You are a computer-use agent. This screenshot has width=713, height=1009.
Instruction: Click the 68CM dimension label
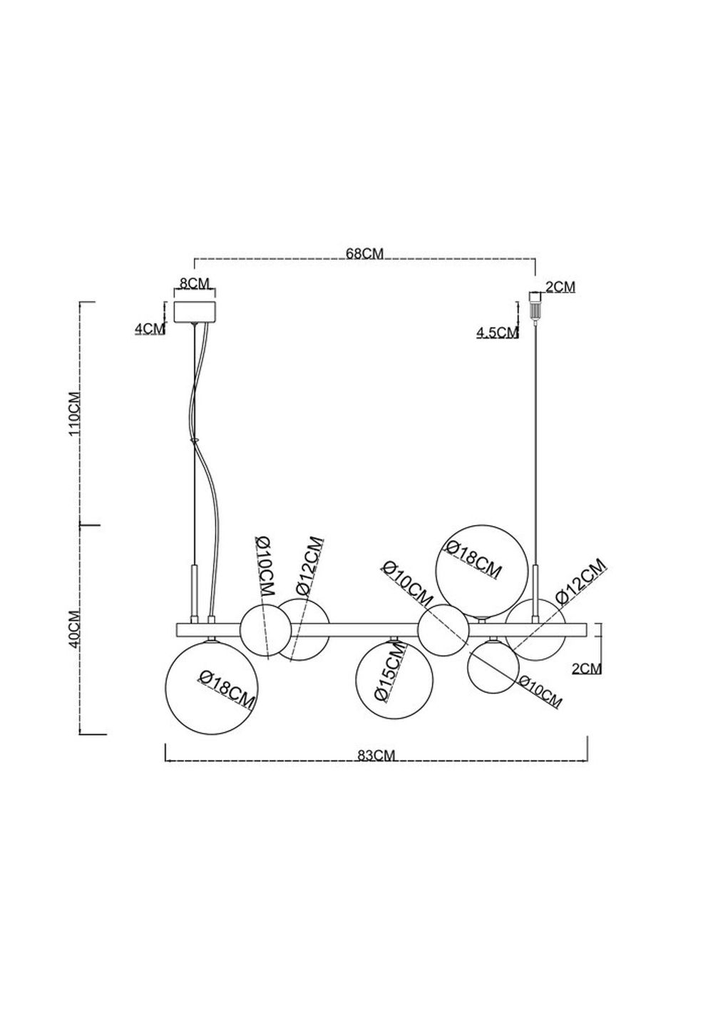(x=364, y=254)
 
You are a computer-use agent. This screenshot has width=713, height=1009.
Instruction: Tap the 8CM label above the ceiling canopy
(x=195, y=283)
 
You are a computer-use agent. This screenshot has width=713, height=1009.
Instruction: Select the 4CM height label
(x=149, y=328)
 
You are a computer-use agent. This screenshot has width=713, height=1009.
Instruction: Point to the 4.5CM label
(x=496, y=333)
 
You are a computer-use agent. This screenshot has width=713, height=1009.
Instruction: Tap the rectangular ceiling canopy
(x=195, y=311)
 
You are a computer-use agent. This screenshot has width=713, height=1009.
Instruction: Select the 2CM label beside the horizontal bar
(x=587, y=669)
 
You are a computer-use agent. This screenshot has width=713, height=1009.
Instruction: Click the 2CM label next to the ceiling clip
(x=560, y=288)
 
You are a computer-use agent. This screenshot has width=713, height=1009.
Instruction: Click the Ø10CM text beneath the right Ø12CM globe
(x=540, y=690)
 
